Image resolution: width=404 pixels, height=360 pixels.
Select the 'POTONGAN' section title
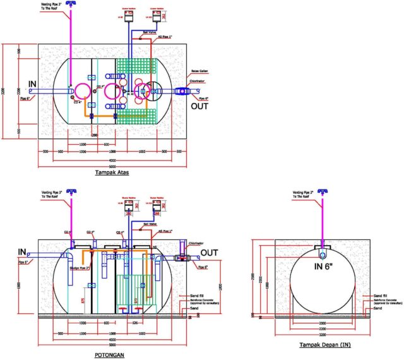111,354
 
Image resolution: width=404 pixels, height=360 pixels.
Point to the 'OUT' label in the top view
200,106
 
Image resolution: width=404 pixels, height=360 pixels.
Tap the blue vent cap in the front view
324,192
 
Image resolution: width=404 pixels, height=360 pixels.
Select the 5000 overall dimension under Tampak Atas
113,166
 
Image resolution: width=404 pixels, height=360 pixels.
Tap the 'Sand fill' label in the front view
380,296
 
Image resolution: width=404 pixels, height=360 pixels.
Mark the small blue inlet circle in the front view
323,256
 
